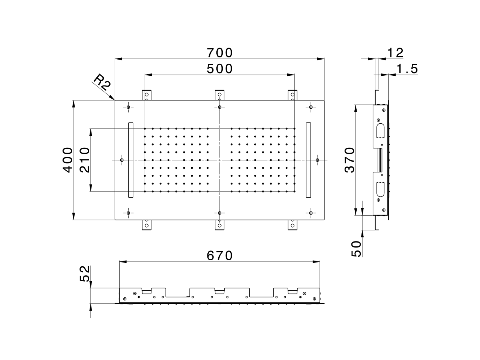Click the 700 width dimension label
[x=220, y=53]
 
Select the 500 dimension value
[x=220, y=69]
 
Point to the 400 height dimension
[x=67, y=160]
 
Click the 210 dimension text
[x=85, y=160]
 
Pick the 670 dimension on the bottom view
[x=220, y=256]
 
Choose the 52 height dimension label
[x=85, y=274]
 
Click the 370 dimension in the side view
[x=349, y=160]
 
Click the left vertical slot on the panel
[x=130, y=160]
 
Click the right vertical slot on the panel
[x=308, y=160]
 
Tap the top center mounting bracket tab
[x=220, y=95]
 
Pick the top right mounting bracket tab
[x=293, y=95]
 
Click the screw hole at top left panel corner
[x=128, y=108]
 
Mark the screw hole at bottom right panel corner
[x=311, y=213]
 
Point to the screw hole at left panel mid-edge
[x=121, y=160]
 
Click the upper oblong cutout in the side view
[x=379, y=130]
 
